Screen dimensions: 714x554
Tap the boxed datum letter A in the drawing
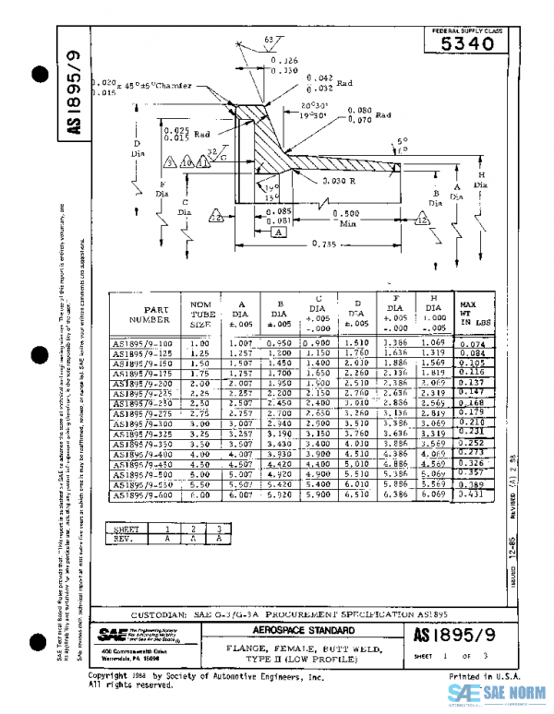(278, 234)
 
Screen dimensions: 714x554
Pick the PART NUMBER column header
(144, 315)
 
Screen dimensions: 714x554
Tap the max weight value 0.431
(471, 495)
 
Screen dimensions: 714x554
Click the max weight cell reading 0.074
(471, 344)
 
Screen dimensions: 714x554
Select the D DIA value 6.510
(355, 495)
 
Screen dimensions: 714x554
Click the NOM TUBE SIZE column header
(200, 315)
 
